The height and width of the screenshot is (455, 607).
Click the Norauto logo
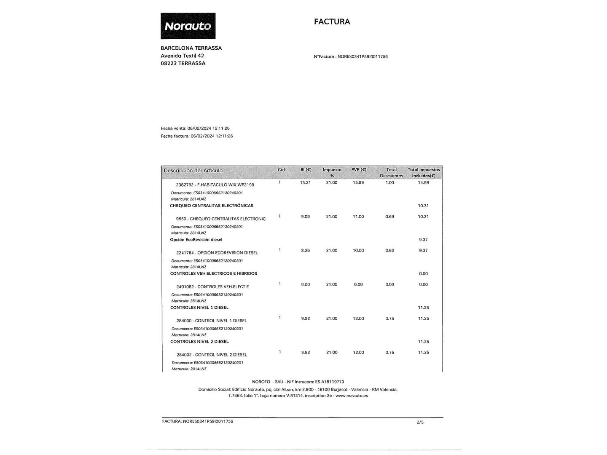coord(188,26)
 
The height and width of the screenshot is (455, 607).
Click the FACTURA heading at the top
coord(332,21)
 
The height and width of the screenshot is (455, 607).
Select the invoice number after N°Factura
coord(363,56)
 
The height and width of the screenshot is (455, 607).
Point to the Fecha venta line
coord(195,128)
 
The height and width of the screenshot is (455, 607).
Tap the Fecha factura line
coord(197,136)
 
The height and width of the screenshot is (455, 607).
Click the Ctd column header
coord(281,170)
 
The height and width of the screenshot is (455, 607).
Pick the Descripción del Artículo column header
coord(193,171)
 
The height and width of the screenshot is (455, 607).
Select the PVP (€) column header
coord(359,170)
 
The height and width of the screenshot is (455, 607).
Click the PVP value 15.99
coord(358,182)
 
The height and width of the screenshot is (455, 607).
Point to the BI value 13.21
coord(306,182)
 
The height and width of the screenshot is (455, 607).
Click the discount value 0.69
coord(389,217)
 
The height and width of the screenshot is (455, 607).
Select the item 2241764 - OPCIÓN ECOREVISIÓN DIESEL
coord(217,253)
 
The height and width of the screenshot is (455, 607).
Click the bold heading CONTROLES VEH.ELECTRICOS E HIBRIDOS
coord(213,273)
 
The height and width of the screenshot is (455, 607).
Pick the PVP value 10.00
coord(358,250)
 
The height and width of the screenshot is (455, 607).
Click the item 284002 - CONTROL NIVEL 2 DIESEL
coord(212,355)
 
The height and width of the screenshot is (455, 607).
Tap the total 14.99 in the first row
coord(423,182)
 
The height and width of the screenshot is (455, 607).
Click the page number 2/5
coord(420,422)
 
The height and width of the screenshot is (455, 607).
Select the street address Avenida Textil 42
coord(182,56)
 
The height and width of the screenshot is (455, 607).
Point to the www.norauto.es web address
coord(352,396)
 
